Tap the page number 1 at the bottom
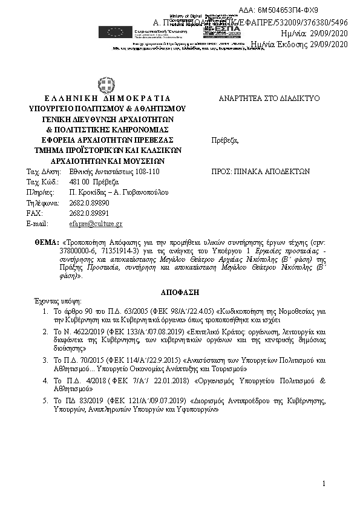click(324, 483)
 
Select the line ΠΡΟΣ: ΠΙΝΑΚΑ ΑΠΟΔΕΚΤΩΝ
click(260, 172)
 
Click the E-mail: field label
click(38, 224)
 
